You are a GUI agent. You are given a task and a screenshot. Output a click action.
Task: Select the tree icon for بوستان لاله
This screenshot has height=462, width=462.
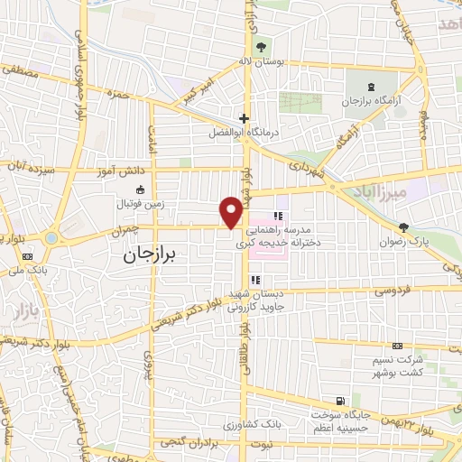point(262,48)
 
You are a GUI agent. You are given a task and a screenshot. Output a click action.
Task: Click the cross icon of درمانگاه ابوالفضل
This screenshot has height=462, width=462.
point(244,118)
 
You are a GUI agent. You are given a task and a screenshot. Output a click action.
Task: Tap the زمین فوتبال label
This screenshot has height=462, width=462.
point(141,206)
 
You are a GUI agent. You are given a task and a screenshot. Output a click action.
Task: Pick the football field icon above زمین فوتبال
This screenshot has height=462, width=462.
point(141,189)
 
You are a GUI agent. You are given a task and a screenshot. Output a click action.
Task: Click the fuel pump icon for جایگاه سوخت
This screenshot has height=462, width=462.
point(339,401)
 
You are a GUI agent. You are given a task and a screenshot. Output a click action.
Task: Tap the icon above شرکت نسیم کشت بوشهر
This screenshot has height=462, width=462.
point(397,346)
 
